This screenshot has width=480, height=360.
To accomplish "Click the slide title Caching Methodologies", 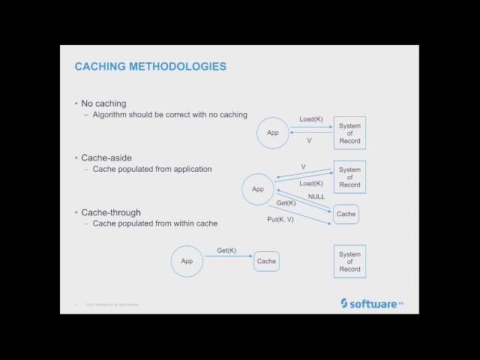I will [x=150, y=67].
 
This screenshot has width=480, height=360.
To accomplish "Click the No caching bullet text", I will [x=103, y=103].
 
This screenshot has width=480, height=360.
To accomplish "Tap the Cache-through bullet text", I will [x=110, y=213].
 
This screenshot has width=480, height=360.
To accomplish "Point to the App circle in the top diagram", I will [x=272, y=133].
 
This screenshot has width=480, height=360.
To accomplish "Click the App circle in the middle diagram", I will [x=258, y=189].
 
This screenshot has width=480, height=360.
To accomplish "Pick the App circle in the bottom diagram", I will [x=187, y=261].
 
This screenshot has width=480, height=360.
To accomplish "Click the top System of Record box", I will [x=349, y=133].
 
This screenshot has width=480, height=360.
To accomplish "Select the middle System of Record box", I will [x=349, y=177].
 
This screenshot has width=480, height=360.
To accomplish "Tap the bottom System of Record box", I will [x=349, y=261].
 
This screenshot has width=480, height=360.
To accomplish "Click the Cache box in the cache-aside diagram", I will [x=346, y=214].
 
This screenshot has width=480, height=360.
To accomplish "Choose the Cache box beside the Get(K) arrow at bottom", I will [x=266, y=261].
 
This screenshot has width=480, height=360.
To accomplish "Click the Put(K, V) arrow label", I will [x=280, y=219].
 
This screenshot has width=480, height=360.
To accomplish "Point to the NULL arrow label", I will [x=316, y=196].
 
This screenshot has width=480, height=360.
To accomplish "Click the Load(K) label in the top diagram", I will [x=310, y=119].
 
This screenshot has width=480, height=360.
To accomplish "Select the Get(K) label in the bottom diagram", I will [x=226, y=250].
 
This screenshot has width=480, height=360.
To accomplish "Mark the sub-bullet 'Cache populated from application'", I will [x=152, y=169].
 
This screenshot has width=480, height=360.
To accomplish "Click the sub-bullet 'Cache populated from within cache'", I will [x=155, y=224].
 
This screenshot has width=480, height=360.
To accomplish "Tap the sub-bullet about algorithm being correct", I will [x=169, y=115].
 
